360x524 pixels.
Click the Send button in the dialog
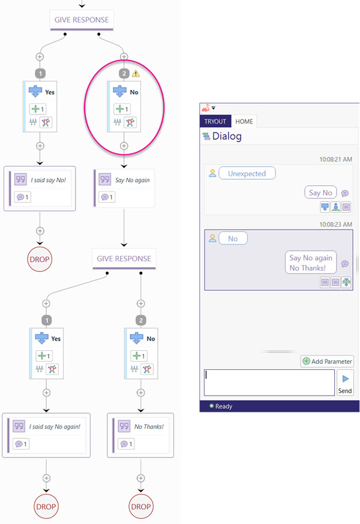(x=345, y=383)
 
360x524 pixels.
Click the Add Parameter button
(x=328, y=362)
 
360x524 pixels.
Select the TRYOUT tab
(x=215, y=121)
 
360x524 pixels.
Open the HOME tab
(x=244, y=121)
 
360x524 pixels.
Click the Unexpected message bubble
(x=247, y=173)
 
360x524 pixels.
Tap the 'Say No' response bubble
(x=320, y=192)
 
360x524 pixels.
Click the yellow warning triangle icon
(x=136, y=73)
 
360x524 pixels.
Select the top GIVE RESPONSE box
(x=82, y=20)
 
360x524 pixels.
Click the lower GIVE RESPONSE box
(x=124, y=258)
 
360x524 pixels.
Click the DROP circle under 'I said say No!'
(x=40, y=259)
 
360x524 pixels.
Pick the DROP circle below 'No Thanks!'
(x=141, y=506)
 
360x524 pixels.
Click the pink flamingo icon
(x=206, y=108)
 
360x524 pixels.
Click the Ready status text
(x=224, y=406)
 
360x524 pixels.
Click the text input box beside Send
(x=269, y=383)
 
